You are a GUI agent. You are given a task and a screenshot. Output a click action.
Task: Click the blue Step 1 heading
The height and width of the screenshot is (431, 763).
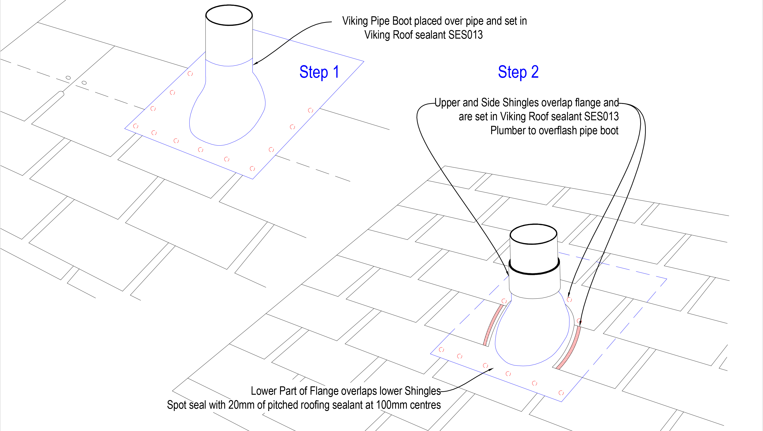tap(319, 72)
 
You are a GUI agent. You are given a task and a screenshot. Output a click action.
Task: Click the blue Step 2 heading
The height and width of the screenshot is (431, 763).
tap(518, 72)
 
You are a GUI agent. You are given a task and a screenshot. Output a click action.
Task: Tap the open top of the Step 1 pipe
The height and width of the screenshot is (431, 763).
tap(229, 15)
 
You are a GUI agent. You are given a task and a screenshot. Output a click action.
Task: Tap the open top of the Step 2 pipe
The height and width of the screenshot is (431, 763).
tap(533, 234)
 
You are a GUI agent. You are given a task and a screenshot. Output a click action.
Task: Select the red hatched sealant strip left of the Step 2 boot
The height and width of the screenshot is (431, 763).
tap(493, 324)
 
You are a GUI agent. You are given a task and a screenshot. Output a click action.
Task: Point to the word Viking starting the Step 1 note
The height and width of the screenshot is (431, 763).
tap(355, 21)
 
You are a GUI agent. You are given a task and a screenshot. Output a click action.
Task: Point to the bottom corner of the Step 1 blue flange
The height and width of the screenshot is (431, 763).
tap(252, 179)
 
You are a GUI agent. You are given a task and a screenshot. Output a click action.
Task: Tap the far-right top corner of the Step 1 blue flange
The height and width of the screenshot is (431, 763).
tap(363, 61)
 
